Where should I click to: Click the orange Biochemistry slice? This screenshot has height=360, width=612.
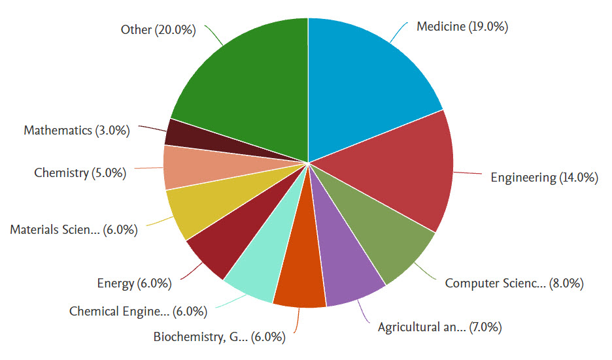[x=301, y=278]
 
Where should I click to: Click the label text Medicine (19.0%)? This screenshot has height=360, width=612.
[x=462, y=27]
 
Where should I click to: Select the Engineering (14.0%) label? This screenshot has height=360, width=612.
[x=544, y=177]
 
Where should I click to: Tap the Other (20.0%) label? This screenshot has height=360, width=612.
[x=158, y=30]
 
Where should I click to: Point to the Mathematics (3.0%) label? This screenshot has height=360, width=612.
[x=76, y=130]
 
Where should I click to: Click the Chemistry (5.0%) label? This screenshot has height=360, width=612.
[x=80, y=173]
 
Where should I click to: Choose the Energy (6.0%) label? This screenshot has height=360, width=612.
[x=134, y=283]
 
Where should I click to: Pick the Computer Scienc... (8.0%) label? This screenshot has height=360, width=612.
[x=514, y=283]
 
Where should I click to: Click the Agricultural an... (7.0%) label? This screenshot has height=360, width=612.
[x=439, y=326]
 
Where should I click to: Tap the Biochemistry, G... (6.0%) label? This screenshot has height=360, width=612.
[x=220, y=337]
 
